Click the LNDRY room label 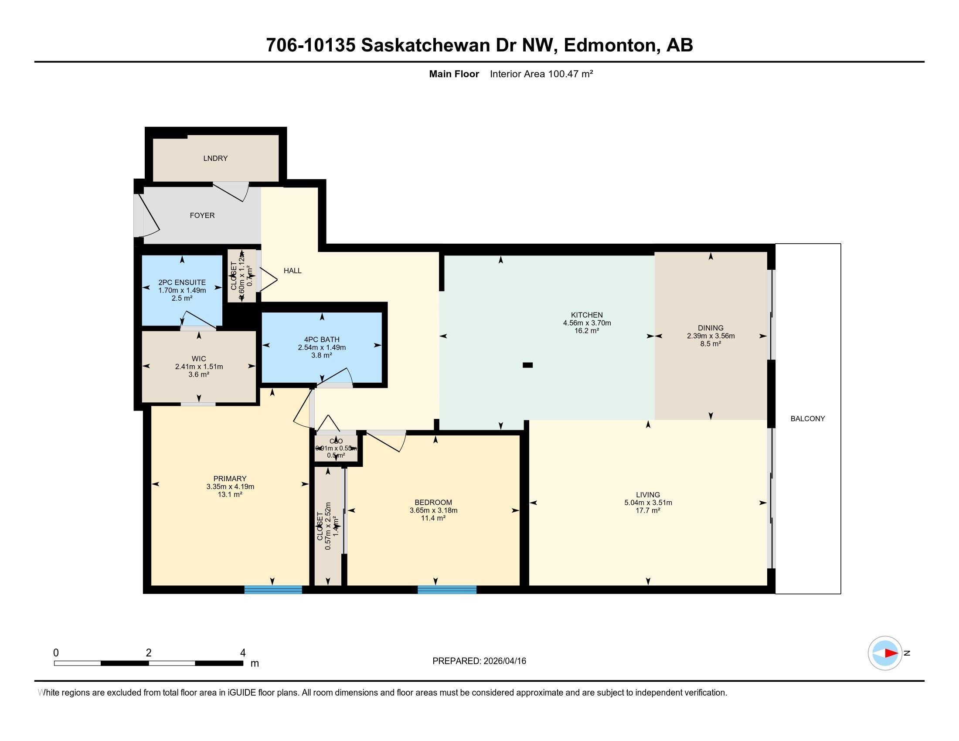(215, 158)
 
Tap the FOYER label (202, 215)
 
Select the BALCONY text (807, 418)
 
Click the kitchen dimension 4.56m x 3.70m (587, 323)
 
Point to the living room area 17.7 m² (648, 510)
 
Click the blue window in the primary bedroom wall (273, 590)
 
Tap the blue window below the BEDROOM (446, 590)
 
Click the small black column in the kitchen (527, 365)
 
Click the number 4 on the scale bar (242, 653)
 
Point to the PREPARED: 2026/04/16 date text (479, 661)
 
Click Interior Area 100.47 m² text (541, 74)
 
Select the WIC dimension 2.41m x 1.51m (198, 367)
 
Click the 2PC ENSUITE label (182, 282)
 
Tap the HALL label (292, 270)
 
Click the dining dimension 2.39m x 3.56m (711, 336)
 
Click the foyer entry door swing (148, 215)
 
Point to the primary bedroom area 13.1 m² (230, 494)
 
